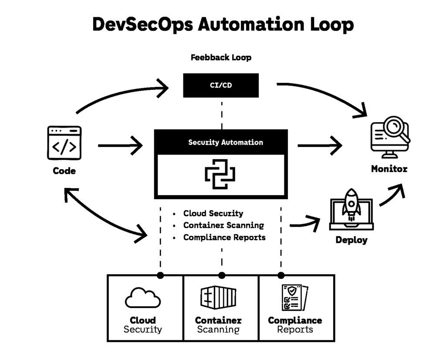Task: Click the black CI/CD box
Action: pyautogui.click(x=220, y=85)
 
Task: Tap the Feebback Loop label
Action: pyautogui.click(x=221, y=58)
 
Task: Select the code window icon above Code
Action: pyautogui.click(x=64, y=143)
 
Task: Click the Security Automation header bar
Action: pyautogui.click(x=221, y=142)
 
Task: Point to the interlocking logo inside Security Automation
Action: pyautogui.click(x=220, y=174)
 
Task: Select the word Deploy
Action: pyautogui.click(x=351, y=240)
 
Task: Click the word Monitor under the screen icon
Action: pyautogui.click(x=389, y=169)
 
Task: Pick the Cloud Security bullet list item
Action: pyautogui.click(x=213, y=214)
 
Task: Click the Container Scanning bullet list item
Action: pyautogui.click(x=223, y=225)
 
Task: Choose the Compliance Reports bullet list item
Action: pyautogui.click(x=224, y=238)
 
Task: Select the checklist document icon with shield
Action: pyautogui.click(x=294, y=297)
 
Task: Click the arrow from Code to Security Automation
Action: pyautogui.click(x=121, y=146)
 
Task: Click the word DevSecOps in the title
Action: pyautogui.click(x=142, y=24)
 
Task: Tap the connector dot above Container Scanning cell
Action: pyautogui.click(x=222, y=275)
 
